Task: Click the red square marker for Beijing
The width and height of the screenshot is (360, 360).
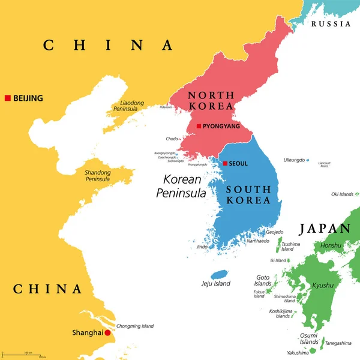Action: [x=7, y=98]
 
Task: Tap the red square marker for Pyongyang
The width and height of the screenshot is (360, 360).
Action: [x=199, y=126]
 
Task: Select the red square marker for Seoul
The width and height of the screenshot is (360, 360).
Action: [x=224, y=163]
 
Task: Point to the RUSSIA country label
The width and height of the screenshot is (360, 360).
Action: [x=331, y=24]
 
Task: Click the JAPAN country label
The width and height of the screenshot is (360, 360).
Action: [x=325, y=229]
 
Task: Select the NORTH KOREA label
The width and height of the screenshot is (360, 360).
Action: [x=211, y=100]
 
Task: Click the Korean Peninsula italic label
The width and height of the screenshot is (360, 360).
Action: [x=181, y=186]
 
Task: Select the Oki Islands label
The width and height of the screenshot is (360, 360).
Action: [x=343, y=194]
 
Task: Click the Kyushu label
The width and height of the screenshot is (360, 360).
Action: [x=323, y=286]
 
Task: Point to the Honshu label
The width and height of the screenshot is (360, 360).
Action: [x=330, y=245]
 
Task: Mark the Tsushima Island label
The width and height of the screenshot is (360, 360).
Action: [x=291, y=247]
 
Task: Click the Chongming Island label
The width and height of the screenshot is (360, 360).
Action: [x=135, y=326]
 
